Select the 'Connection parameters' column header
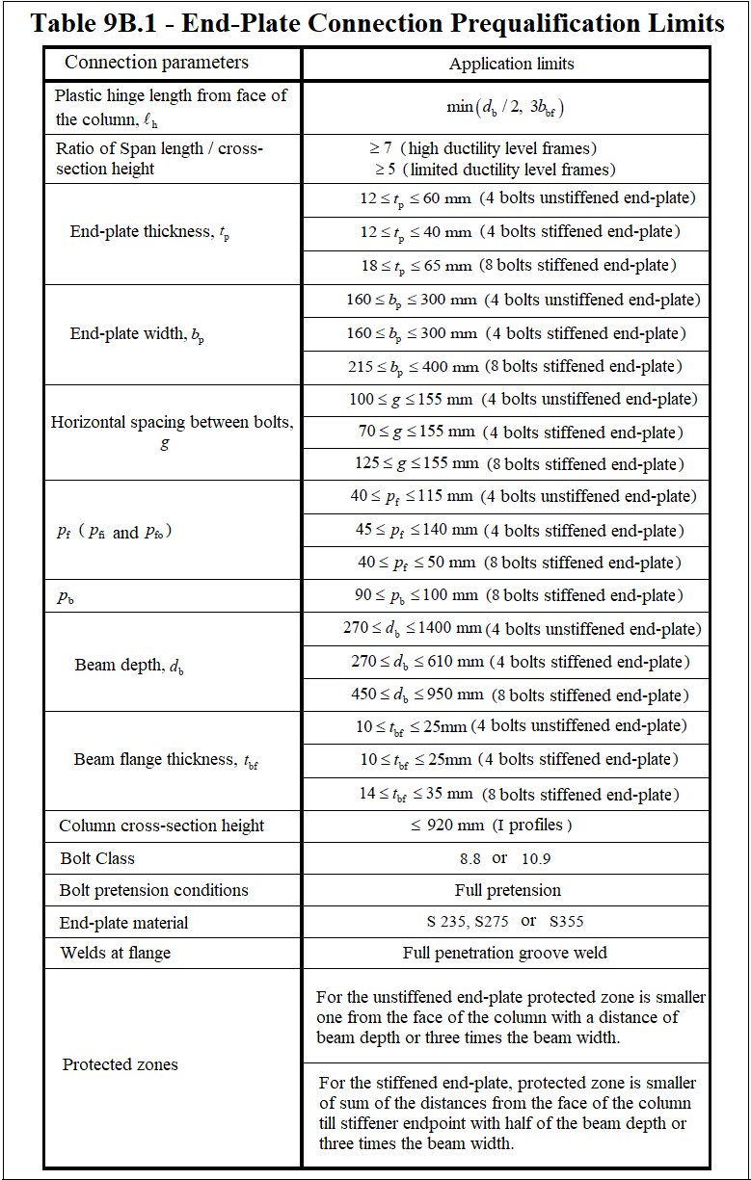click(156, 63)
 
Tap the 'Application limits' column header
click(511, 64)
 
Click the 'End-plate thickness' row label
click(149, 232)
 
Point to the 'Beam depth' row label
click(129, 666)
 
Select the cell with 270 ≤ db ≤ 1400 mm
click(522, 629)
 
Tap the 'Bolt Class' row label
click(97, 858)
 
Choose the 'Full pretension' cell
click(507, 890)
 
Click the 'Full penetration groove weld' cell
click(505, 954)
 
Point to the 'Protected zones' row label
click(121, 1064)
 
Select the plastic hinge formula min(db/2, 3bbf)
click(505, 107)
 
